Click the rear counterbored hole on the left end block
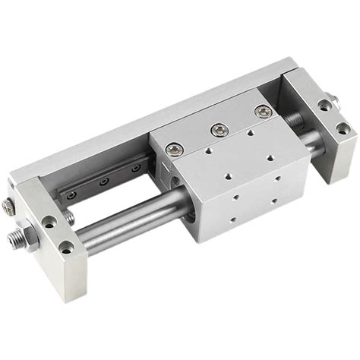pos(50,222)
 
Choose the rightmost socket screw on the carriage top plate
pos(263,113)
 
